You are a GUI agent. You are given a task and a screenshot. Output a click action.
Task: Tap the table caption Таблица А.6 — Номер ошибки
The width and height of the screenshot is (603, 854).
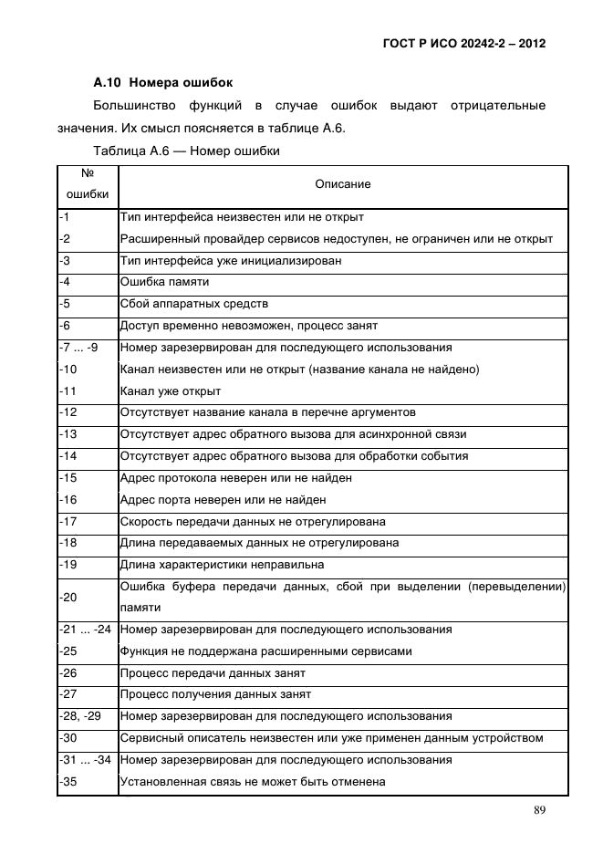(x=186, y=150)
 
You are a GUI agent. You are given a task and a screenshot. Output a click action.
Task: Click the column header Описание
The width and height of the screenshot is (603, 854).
(x=343, y=184)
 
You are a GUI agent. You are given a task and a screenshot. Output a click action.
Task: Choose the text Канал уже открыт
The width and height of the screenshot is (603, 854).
(x=171, y=391)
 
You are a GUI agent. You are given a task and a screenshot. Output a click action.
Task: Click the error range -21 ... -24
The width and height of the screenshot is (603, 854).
(x=85, y=630)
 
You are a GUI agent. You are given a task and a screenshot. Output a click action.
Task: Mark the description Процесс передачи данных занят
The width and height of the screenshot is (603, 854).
(x=213, y=673)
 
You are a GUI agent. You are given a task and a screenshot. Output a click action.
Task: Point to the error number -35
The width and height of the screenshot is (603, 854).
(x=68, y=782)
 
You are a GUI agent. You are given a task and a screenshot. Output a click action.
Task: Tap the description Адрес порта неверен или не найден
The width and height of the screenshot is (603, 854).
(x=224, y=500)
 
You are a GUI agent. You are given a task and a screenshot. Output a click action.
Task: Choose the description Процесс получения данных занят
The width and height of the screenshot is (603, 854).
(x=215, y=694)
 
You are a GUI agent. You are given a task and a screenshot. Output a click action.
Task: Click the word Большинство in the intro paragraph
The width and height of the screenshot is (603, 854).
(x=133, y=107)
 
